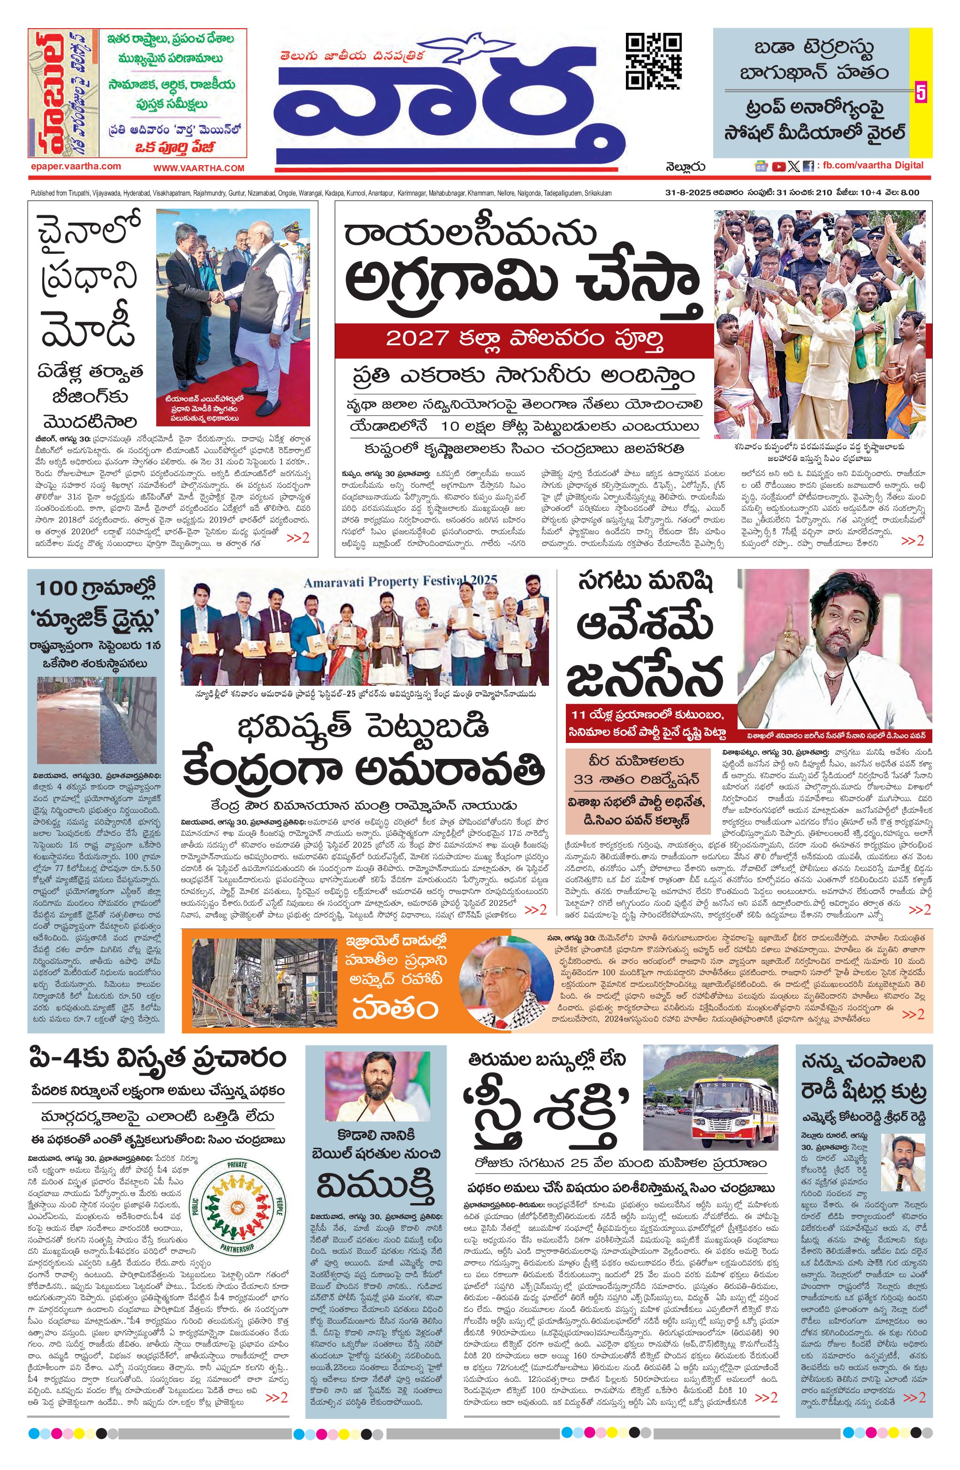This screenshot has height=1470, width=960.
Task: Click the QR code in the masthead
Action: (x=654, y=62)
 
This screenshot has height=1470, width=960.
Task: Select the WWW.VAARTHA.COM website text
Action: (x=199, y=168)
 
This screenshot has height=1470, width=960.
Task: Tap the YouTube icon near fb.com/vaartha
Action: (x=778, y=166)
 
